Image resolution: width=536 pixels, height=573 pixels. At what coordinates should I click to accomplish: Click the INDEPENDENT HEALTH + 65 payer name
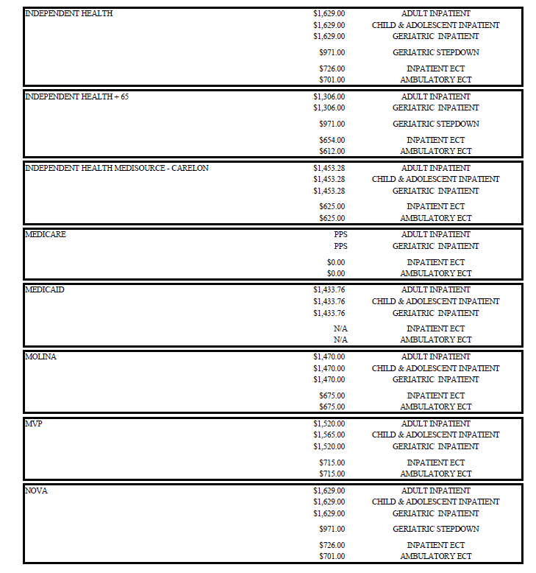pos(76,96)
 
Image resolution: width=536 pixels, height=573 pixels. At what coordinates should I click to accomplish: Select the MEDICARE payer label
pos(46,234)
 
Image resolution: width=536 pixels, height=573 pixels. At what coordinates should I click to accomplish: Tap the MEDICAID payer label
pos(45,289)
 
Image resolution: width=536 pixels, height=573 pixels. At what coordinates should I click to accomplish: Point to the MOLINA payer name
pos(41,356)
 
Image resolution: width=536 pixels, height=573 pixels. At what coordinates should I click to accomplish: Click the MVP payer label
pos(34,423)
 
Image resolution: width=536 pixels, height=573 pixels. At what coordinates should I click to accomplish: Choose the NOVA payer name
pos(37,491)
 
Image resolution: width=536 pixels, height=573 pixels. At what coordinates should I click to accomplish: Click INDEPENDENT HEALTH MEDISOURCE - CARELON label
pos(117,168)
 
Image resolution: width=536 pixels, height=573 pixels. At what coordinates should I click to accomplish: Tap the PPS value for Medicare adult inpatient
pos(340,234)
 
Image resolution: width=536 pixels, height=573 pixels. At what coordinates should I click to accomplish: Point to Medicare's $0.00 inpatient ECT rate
pos(336,262)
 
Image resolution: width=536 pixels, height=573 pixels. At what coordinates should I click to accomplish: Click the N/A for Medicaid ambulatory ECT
pos(340,340)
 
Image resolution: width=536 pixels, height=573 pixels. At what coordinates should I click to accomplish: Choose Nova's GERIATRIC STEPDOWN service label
pos(435,529)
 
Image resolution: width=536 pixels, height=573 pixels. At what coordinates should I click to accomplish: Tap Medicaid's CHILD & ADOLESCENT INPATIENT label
pos(435,301)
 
